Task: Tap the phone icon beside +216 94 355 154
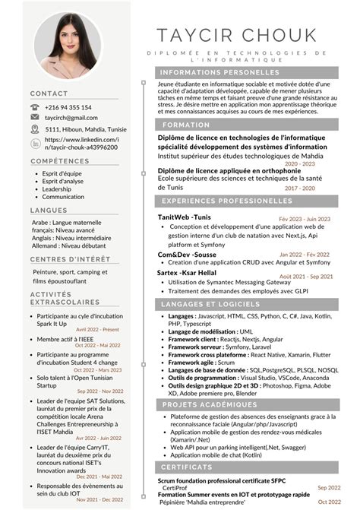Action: pos(35,107)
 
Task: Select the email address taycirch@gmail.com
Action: pos(71,118)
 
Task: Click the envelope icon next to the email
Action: pos(35,118)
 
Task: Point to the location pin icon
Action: pos(35,129)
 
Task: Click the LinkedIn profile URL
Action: pos(81,144)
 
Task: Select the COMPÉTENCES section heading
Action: pos(60,161)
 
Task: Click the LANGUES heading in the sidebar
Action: pos(49,210)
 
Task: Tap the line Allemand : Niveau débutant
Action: pos(69,245)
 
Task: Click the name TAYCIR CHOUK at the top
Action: pos(236,35)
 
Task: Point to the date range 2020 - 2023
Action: pos(300,163)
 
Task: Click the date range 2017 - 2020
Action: pos(300,188)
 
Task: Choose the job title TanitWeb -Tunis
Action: pos(185,217)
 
